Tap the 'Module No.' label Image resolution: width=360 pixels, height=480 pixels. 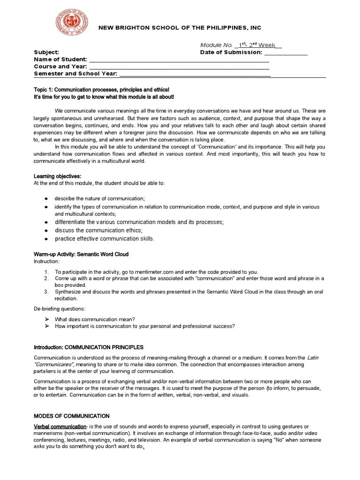pyautogui.click(x=216, y=45)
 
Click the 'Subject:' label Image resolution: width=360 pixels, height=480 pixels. pyautogui.click(x=46, y=52)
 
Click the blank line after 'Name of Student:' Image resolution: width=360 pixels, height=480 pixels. pyautogui.click(x=179, y=60)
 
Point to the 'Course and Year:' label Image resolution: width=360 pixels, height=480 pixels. pyautogui.click(x=60, y=67)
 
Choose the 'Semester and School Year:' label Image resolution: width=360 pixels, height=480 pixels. pyautogui.click(x=75, y=74)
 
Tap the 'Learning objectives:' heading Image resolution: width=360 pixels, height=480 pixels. pyautogui.click(x=57, y=176)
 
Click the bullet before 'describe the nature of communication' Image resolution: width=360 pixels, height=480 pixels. pyautogui.click(x=46, y=199)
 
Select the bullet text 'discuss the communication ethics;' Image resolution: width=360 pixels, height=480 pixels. pyautogui.click(x=98, y=230)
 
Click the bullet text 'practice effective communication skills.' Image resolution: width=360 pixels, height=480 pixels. pyautogui.click(x=105, y=239)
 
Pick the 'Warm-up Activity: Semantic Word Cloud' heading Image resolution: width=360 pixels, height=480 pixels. pyautogui.click(x=81, y=254)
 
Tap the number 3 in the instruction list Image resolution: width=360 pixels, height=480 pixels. pyautogui.click(x=46, y=292)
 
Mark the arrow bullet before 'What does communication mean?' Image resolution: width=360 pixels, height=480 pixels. pyautogui.click(x=46, y=319)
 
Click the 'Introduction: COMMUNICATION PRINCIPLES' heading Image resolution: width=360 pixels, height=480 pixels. pyautogui.click(x=89, y=347)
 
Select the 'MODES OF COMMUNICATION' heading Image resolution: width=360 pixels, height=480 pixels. pyautogui.click(x=72, y=416)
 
